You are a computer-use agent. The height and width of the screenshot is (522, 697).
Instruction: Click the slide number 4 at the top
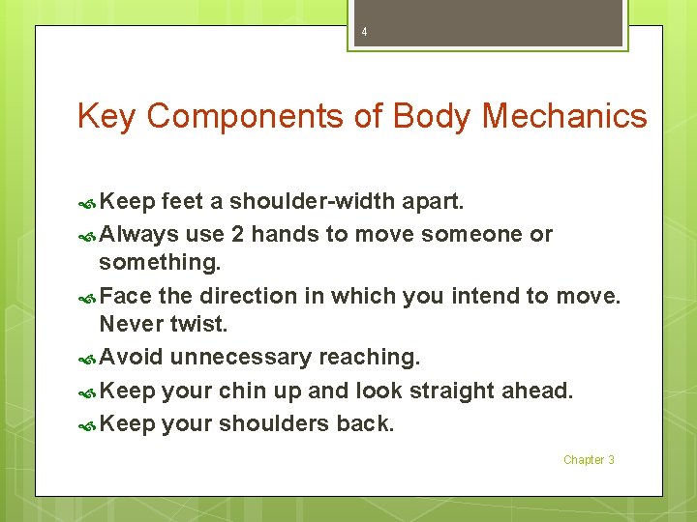tap(364, 32)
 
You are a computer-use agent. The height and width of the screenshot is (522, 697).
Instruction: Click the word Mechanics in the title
tap(563, 117)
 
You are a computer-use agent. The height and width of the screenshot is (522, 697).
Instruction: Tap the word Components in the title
tap(250, 117)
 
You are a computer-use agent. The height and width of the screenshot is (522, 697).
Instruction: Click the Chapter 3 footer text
tap(589, 460)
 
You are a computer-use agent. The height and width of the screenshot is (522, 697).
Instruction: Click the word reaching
tap(369, 357)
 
